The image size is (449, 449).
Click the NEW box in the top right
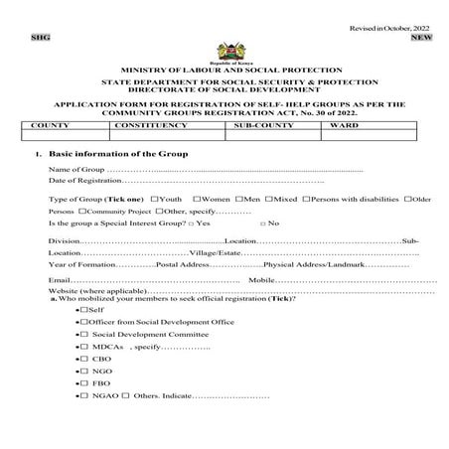point(421,38)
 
